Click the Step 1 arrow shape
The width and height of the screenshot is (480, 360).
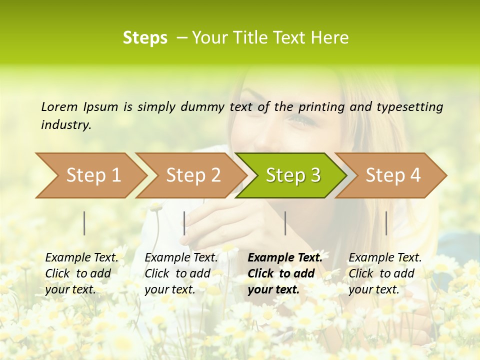90,175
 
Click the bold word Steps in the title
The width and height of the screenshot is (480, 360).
145,38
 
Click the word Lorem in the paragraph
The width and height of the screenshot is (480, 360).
59,106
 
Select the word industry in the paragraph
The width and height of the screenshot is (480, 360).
65,124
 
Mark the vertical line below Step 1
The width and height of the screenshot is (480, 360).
84,223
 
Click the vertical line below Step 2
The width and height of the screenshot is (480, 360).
184,223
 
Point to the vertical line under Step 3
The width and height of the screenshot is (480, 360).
285,223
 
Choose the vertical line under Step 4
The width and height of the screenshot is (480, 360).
386,223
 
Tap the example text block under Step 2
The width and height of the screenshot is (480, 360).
180,273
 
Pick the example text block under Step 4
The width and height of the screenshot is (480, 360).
384,273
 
